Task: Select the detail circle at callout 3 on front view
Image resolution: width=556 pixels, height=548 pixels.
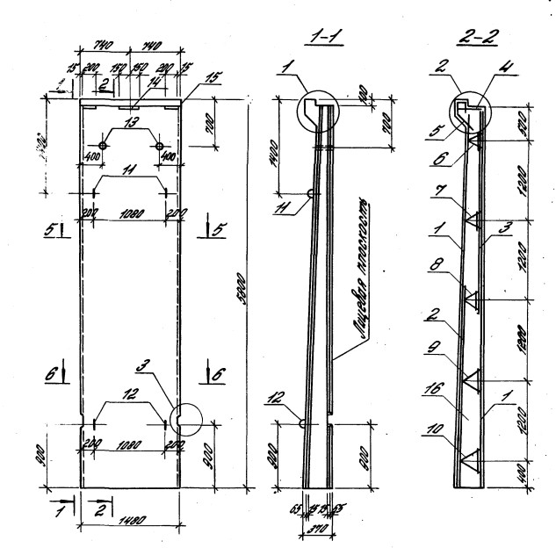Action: point(184,418)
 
